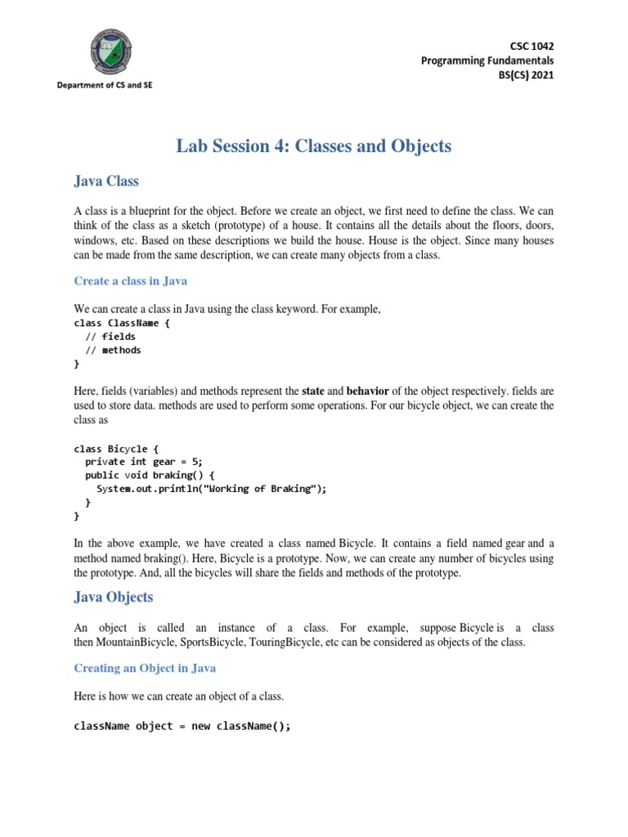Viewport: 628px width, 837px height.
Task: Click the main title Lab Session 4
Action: point(313,146)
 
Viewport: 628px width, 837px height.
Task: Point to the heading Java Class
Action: point(106,181)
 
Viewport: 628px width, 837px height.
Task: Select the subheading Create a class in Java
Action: point(131,281)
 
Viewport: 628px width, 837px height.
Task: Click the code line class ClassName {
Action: point(123,323)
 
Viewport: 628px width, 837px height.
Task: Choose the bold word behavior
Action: point(367,391)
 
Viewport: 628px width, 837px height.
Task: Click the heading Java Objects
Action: point(113,598)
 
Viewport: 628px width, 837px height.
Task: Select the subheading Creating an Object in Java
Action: point(145,668)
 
